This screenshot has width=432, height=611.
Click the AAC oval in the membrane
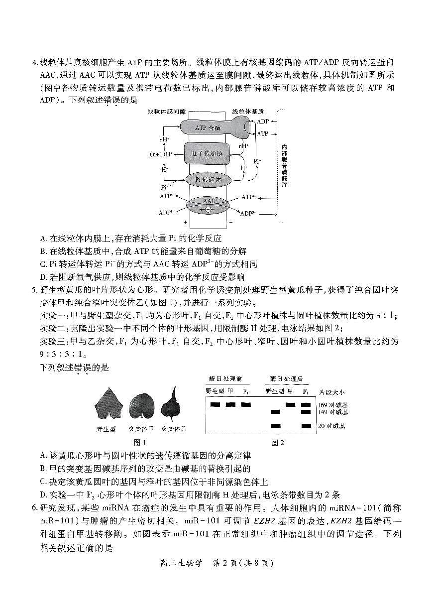point(209,204)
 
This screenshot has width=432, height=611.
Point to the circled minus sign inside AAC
point(208,210)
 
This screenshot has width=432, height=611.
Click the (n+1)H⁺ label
point(162,154)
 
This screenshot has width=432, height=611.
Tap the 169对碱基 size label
point(333,404)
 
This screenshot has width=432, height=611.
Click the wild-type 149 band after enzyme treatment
point(275,412)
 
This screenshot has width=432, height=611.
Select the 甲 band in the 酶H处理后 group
point(291,404)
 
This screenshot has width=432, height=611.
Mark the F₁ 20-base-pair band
point(306,426)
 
